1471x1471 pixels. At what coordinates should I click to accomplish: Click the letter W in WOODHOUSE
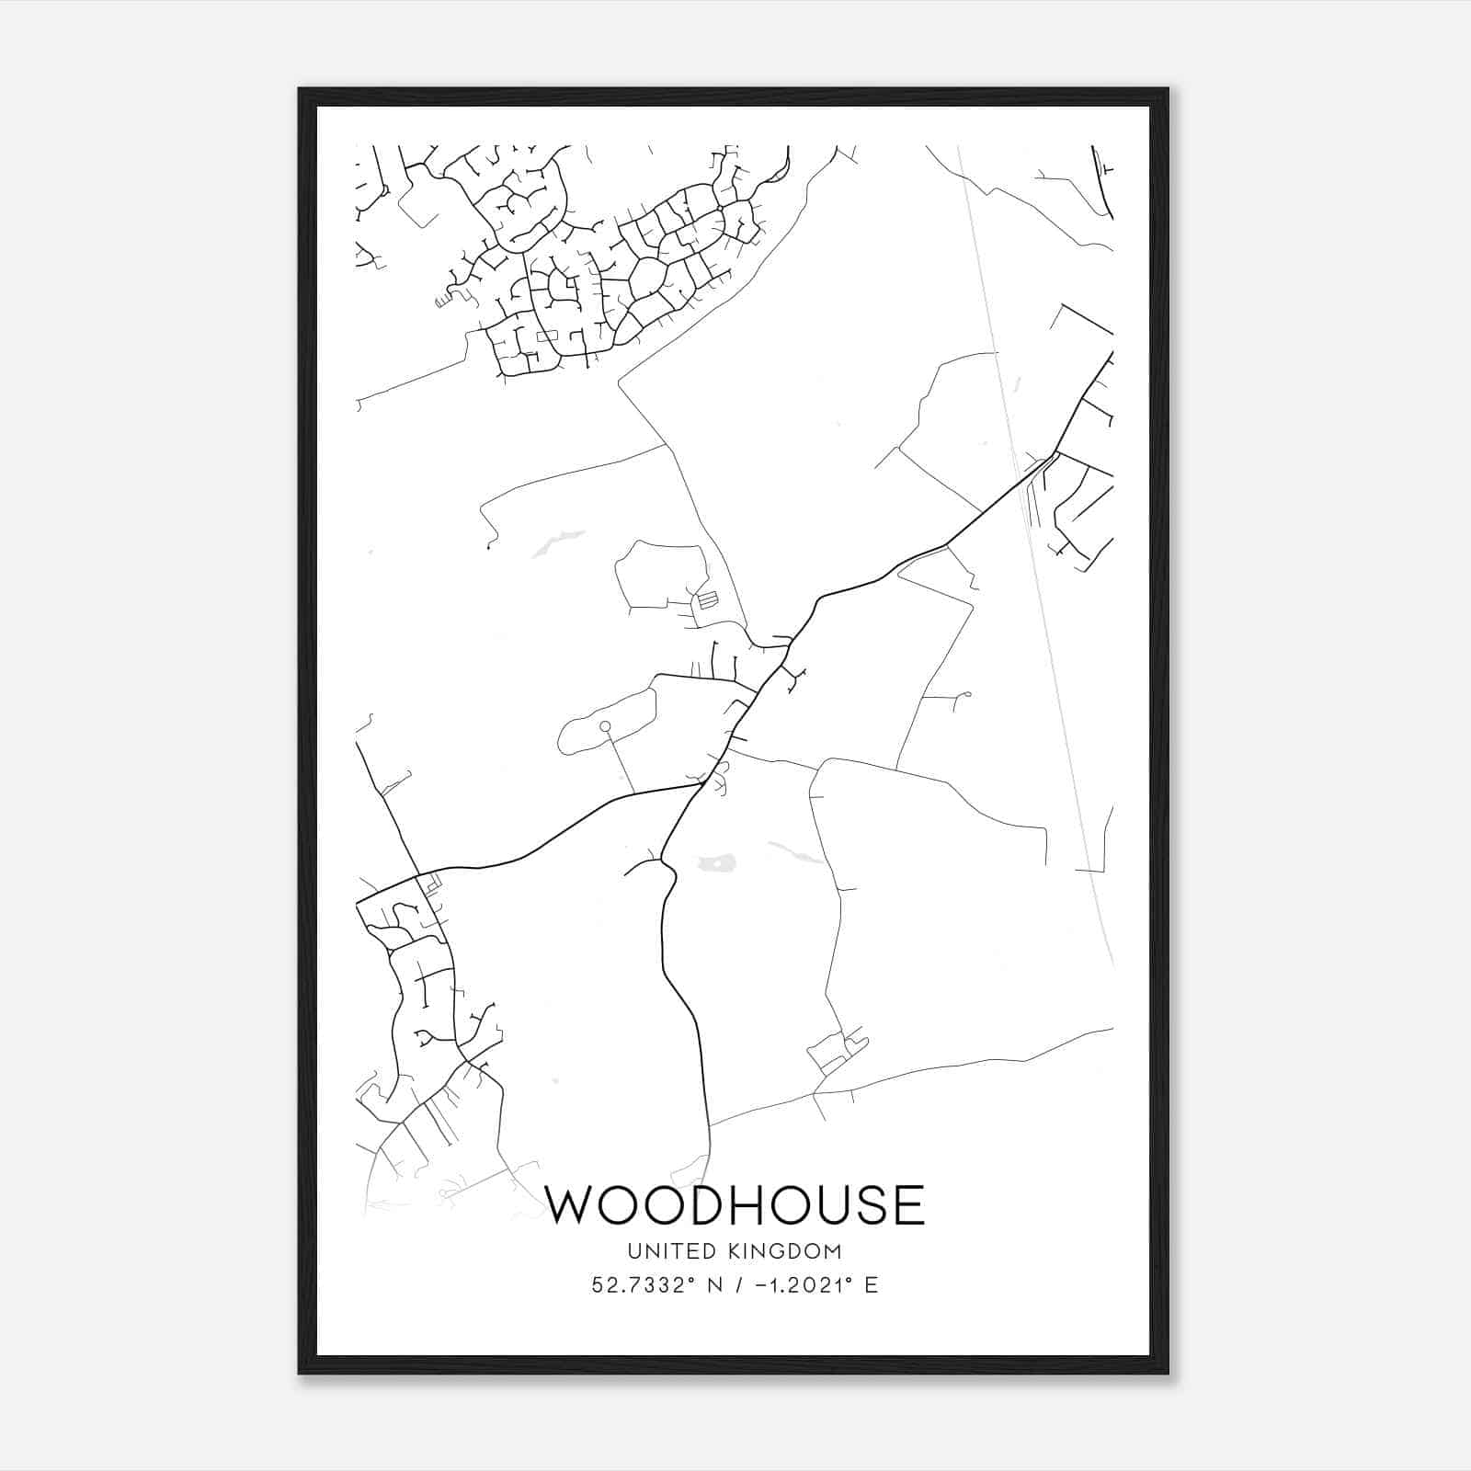click(572, 1205)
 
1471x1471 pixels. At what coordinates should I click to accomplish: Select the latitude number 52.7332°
click(641, 1284)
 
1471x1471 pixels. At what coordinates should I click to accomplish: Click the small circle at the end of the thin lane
click(605, 727)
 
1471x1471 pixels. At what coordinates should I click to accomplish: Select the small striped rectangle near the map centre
click(706, 599)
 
